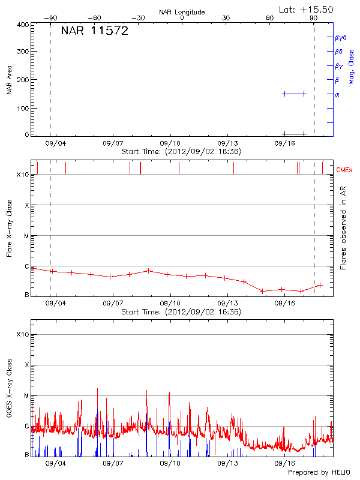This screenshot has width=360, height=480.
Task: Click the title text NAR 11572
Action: (94, 32)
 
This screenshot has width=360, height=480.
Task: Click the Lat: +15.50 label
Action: (307, 9)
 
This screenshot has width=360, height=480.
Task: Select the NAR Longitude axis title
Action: (182, 12)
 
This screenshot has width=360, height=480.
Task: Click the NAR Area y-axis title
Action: (10, 80)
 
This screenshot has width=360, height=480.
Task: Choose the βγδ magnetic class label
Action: (341, 37)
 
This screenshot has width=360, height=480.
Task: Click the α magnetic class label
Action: (337, 95)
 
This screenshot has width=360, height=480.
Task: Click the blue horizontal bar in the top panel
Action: (294, 94)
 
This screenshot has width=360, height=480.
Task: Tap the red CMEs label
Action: (344, 171)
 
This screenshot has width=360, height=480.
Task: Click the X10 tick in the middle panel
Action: (23, 175)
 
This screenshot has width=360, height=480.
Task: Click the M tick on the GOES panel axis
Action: (26, 396)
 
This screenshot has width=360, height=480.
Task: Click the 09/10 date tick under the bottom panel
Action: (170, 464)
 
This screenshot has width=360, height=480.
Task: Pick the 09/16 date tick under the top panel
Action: (285, 144)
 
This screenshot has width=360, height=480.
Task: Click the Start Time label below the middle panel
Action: (181, 312)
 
